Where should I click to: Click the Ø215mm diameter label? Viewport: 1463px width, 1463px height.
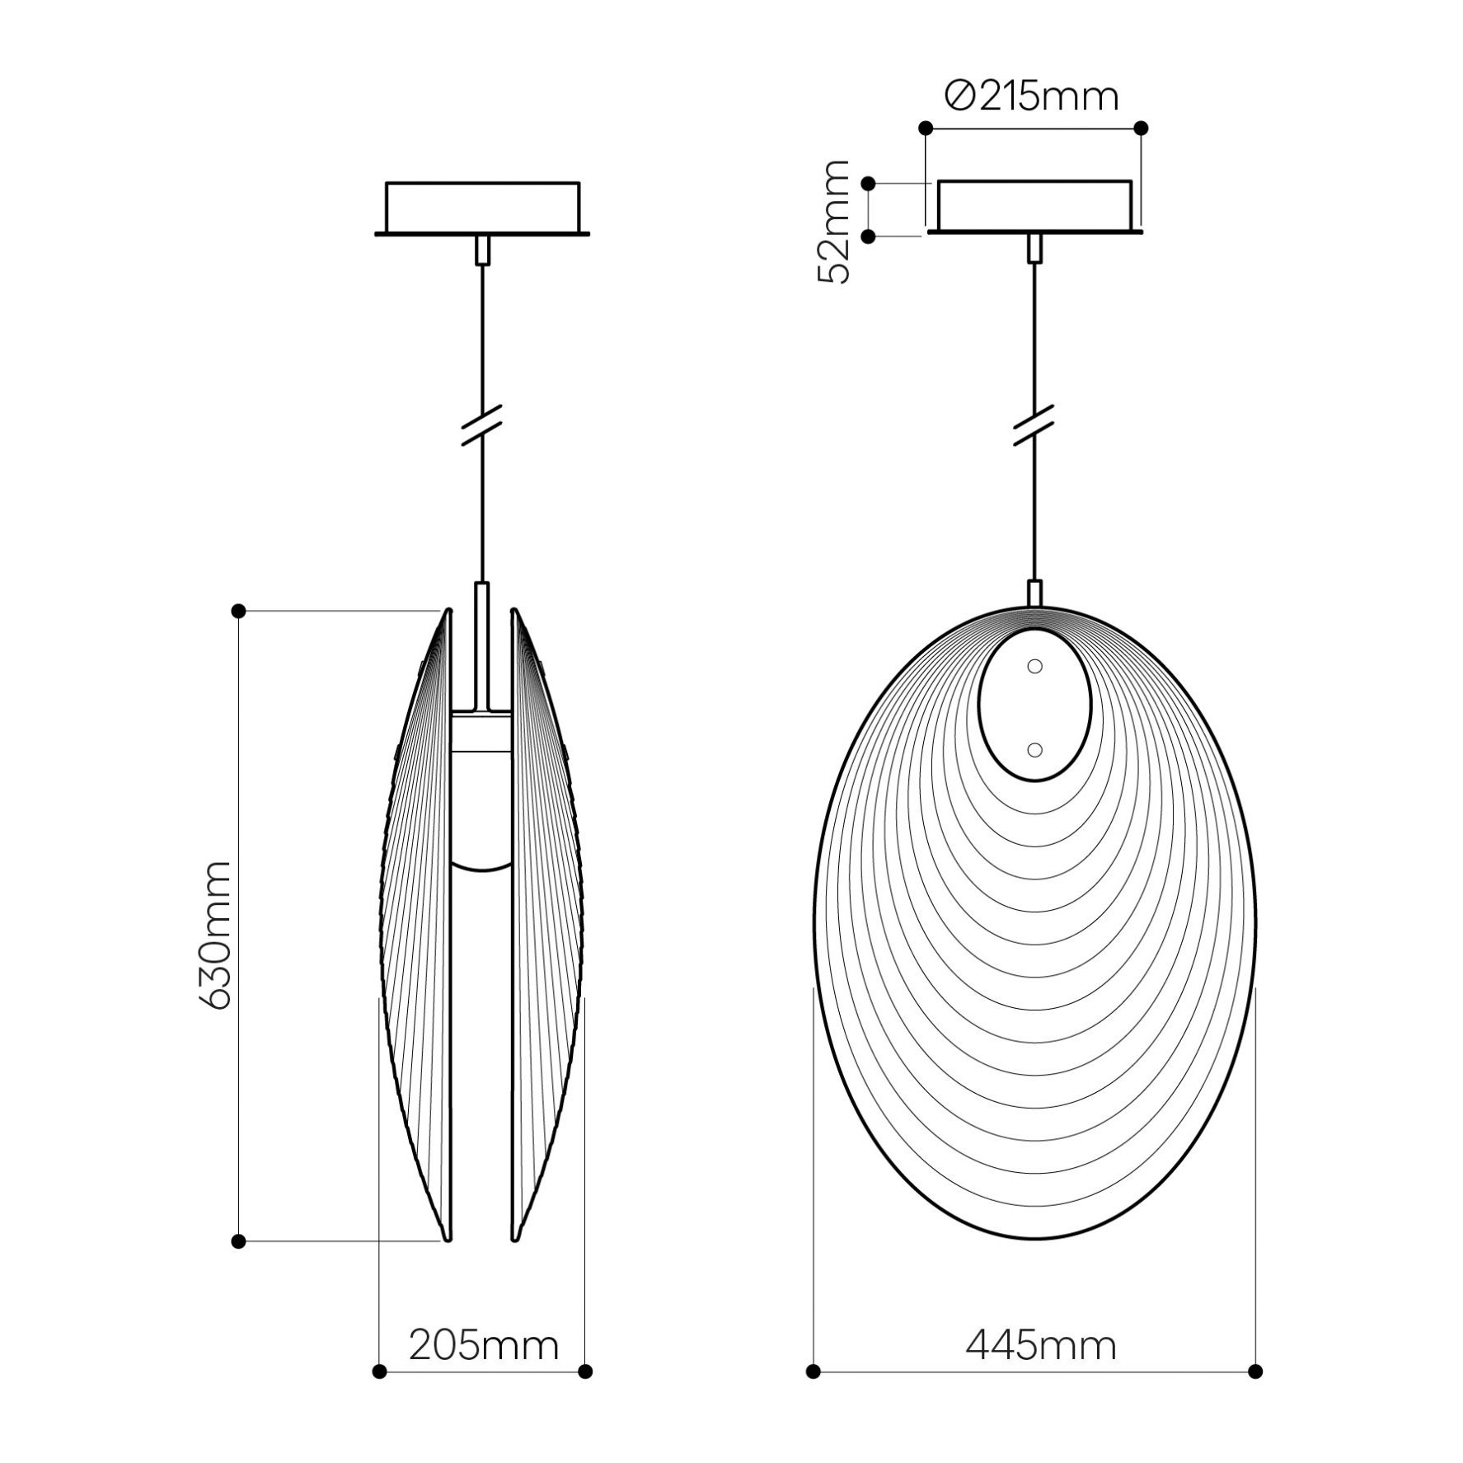click(1032, 96)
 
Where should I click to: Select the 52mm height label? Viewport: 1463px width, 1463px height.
click(833, 223)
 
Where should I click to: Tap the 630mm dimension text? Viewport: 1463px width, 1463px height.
click(215, 935)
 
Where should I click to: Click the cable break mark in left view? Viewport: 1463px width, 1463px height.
click(482, 426)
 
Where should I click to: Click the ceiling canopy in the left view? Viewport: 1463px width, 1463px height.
click(482, 209)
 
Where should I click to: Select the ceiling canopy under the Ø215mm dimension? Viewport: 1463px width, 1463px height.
click(1034, 207)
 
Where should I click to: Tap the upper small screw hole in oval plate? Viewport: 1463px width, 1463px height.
click(1035, 666)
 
